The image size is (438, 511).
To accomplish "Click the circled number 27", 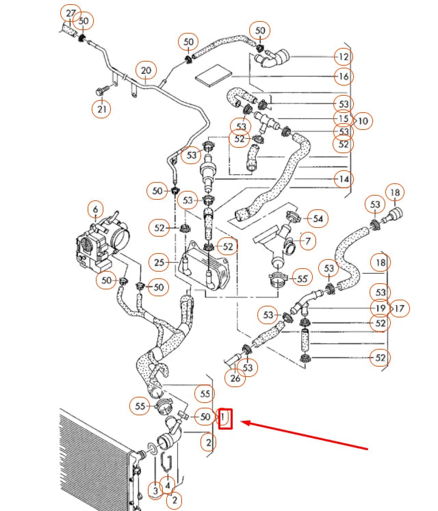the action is click(70, 14).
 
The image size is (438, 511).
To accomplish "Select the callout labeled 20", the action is click(146, 70).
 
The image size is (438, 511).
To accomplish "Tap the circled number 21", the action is click(101, 109).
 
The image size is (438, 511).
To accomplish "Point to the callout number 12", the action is click(344, 57).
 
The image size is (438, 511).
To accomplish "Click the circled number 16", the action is click(344, 77).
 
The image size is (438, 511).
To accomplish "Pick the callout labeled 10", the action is click(363, 121).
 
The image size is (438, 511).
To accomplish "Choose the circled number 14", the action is click(344, 179).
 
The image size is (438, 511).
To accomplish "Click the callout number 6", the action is click(95, 209).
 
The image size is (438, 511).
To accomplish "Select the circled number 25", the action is click(159, 263).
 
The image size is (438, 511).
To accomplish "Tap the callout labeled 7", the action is click(308, 241).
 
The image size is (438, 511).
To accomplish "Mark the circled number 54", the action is click(318, 218).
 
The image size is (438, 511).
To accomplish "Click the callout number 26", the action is click(235, 378).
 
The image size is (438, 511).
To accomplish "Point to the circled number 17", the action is click(400, 309).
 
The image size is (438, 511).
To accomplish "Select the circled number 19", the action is click(381, 309).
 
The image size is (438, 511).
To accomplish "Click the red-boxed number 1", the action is click(225, 419).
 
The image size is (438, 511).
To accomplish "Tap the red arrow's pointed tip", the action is click(242, 423).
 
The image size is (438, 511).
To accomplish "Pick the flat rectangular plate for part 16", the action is click(214, 76).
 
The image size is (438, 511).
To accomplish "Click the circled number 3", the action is click(155, 490).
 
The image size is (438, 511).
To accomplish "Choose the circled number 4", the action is click(167, 486).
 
